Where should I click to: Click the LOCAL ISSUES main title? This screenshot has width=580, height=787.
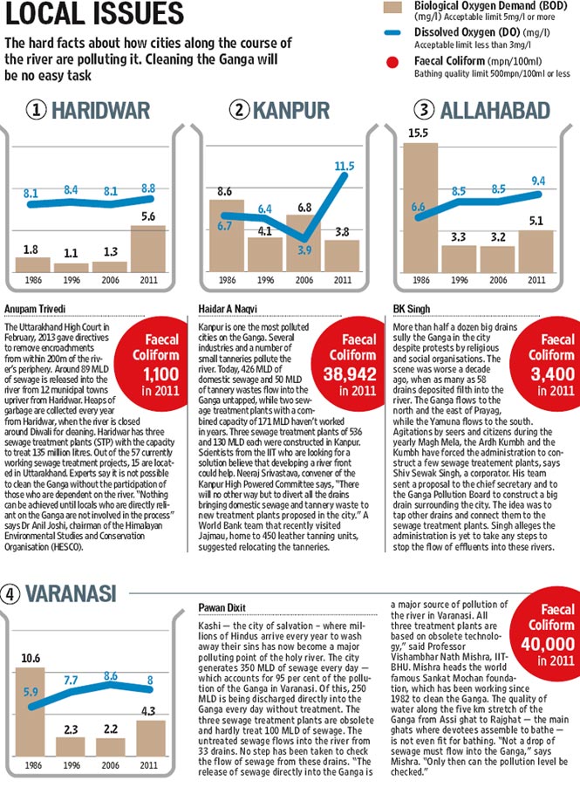95,15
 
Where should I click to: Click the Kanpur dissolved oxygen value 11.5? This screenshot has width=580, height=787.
344,166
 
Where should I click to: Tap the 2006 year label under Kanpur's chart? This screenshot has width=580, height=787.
304,280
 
